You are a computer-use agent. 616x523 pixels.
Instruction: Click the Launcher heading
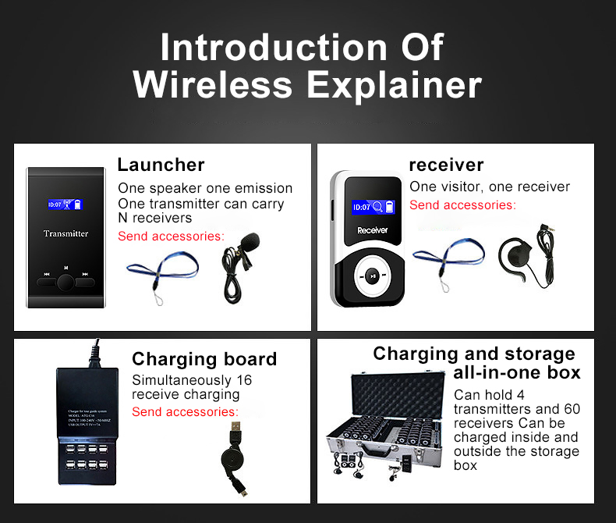pos(161,165)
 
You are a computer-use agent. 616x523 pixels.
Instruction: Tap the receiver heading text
pos(446,165)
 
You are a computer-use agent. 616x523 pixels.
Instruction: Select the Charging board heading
pos(204,359)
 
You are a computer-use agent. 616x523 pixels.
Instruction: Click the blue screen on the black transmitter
pos(65,205)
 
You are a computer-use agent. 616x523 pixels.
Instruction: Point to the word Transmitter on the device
pos(65,233)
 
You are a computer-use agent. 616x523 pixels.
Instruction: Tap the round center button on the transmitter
pos(65,282)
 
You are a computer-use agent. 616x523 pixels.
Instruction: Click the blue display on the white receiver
pos(373,207)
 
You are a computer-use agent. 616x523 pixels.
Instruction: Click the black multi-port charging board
pos(87,425)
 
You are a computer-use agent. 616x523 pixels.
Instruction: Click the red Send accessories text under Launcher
pos(171,236)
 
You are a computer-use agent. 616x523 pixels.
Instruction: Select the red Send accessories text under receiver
pos(462,205)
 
